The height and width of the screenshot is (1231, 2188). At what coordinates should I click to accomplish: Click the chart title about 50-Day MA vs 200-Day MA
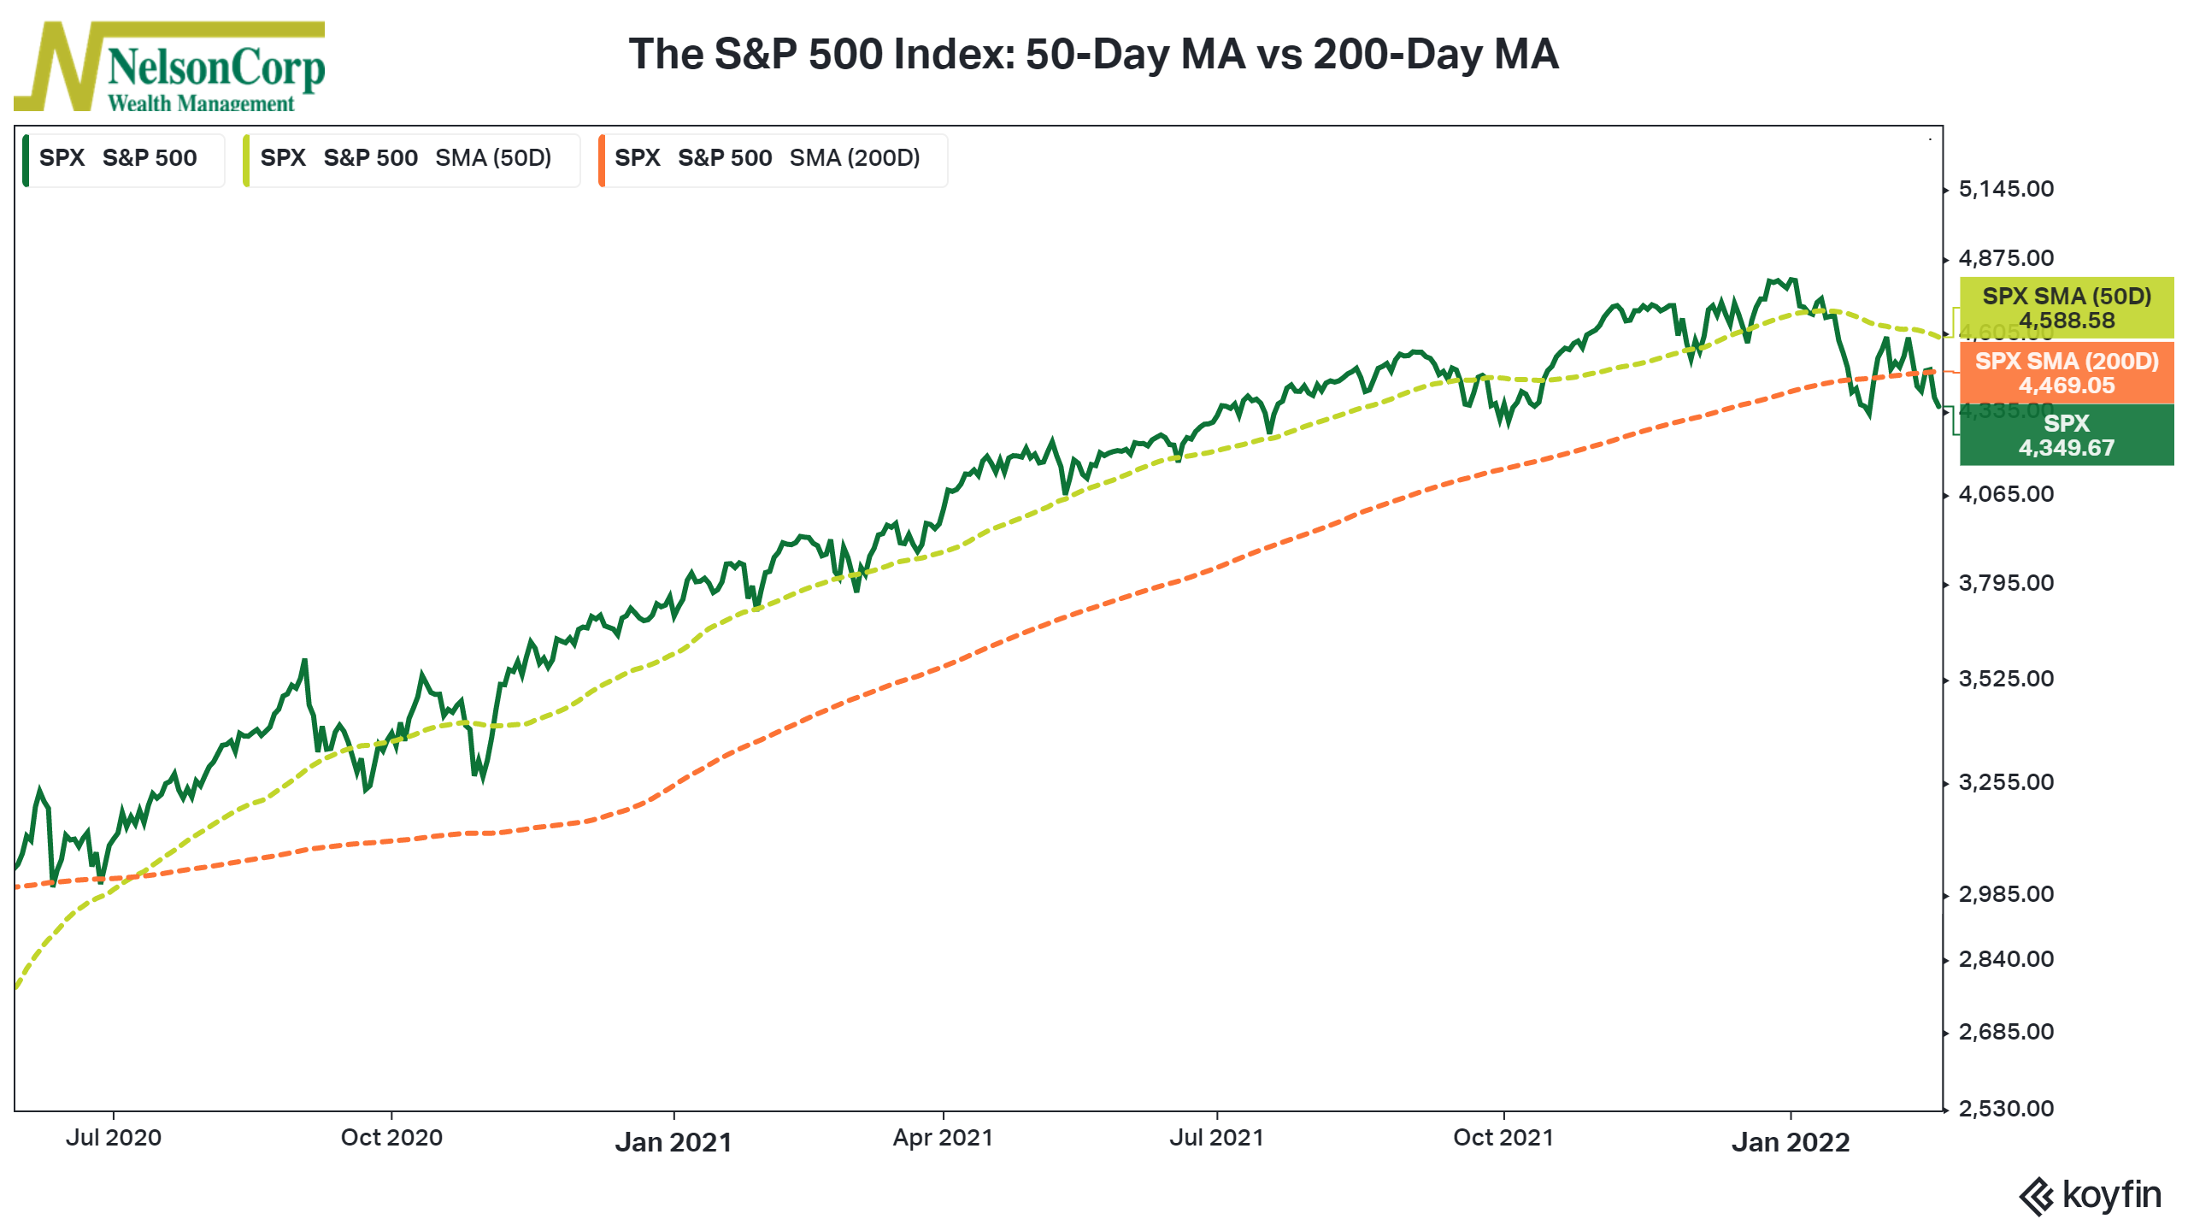tap(1093, 54)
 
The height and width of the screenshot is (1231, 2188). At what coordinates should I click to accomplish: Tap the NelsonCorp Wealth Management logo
tap(169, 67)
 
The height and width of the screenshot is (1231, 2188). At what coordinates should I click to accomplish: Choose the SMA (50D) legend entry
tap(411, 159)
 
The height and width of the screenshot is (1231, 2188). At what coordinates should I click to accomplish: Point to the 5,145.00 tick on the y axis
tap(2005, 189)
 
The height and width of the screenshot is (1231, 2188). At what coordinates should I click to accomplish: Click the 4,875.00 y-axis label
tap(2005, 258)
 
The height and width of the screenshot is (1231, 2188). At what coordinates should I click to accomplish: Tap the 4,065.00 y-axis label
tap(2005, 494)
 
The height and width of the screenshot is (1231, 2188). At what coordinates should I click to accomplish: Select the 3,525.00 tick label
tap(2005, 679)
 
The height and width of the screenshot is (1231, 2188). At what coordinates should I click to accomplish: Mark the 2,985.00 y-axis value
tap(2005, 894)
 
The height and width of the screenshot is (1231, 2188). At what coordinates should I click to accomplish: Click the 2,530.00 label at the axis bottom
tap(2005, 1109)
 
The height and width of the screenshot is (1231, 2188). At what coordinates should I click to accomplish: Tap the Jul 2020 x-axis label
tap(114, 1138)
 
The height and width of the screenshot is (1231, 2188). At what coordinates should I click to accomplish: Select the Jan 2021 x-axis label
tap(673, 1142)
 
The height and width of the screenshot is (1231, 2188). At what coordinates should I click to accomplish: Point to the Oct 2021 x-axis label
tap(1503, 1138)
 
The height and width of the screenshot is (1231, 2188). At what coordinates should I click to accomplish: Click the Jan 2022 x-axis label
tap(1791, 1142)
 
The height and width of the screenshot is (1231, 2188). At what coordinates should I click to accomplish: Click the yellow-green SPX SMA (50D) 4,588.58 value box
tap(2067, 309)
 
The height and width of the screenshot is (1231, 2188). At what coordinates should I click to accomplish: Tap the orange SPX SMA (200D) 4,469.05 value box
tap(2067, 373)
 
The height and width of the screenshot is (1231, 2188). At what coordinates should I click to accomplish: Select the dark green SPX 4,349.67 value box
tap(2067, 435)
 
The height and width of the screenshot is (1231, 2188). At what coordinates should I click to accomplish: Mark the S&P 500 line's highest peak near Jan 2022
tap(1791, 280)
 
